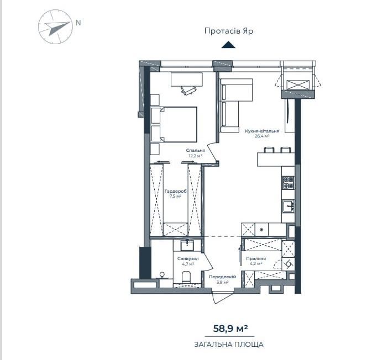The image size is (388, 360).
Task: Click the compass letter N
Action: [x=78, y=23]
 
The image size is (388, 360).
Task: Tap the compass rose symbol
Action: [x=56, y=27]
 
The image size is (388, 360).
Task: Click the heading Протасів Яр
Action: [x=229, y=31]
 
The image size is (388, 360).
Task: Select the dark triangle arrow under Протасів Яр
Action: [x=228, y=45]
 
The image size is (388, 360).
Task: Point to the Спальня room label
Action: [x=196, y=150]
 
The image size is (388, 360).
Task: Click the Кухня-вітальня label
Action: [x=262, y=131]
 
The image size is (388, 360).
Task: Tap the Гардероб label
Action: [x=175, y=191]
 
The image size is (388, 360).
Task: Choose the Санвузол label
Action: [x=188, y=258]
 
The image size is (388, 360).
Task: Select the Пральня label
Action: [x=256, y=258]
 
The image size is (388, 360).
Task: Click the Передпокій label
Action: [x=222, y=277]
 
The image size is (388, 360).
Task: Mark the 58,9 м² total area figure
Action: [x=230, y=329]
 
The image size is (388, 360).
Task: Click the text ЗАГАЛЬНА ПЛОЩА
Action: [x=229, y=344]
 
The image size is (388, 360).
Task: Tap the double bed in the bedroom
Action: [x=174, y=124]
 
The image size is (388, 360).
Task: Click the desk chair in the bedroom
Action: [x=189, y=90]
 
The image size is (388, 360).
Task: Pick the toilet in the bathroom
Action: [x=186, y=277]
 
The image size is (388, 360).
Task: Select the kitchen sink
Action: [x=289, y=206]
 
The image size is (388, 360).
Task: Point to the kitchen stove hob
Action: [x=289, y=183]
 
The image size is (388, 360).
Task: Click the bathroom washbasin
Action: [x=187, y=246]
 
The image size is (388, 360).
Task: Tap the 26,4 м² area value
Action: [x=262, y=136]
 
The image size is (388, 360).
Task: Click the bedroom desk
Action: [x=187, y=80]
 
